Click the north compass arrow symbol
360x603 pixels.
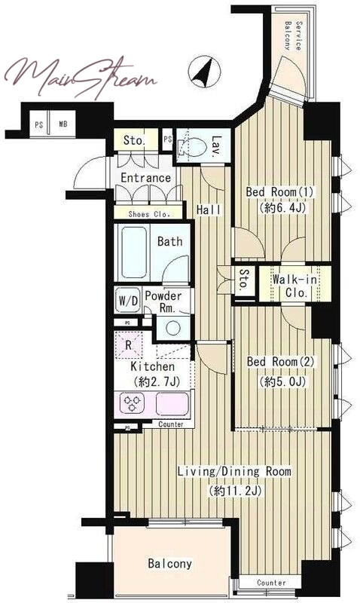tap(204, 72)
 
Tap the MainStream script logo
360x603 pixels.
tap(81, 78)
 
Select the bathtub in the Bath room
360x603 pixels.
tap(133, 252)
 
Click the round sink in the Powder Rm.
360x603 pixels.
tap(173, 328)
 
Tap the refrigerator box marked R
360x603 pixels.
tap(128, 344)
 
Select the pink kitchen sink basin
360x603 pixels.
tap(172, 403)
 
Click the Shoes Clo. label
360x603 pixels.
tap(149, 214)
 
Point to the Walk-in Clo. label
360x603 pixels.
tap(295, 286)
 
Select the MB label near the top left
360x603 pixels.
tap(63, 124)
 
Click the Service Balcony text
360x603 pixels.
tap(293, 36)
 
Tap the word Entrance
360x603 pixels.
tap(145, 178)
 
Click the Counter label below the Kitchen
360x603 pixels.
tap(171, 424)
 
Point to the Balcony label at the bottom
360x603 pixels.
tap(169, 564)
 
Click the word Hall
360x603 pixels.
tap(209, 210)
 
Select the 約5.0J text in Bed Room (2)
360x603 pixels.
tap(282, 382)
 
